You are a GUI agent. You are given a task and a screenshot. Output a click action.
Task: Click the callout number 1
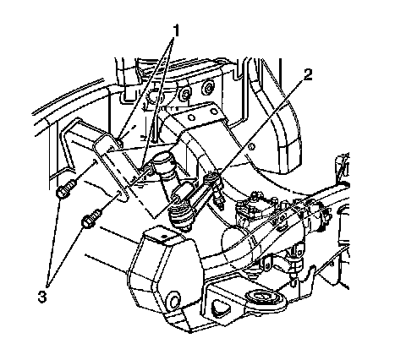(176, 31)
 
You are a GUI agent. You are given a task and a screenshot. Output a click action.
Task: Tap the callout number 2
(307, 75)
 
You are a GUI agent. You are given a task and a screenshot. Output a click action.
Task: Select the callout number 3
(42, 297)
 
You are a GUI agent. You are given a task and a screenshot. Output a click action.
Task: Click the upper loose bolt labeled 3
(66, 190)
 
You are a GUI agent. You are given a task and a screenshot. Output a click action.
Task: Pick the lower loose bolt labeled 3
(91, 219)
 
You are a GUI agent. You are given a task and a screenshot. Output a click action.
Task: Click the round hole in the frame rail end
(173, 300)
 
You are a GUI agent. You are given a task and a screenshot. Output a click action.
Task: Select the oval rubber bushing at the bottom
(264, 300)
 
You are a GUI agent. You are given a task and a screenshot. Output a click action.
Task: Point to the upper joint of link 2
(212, 179)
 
